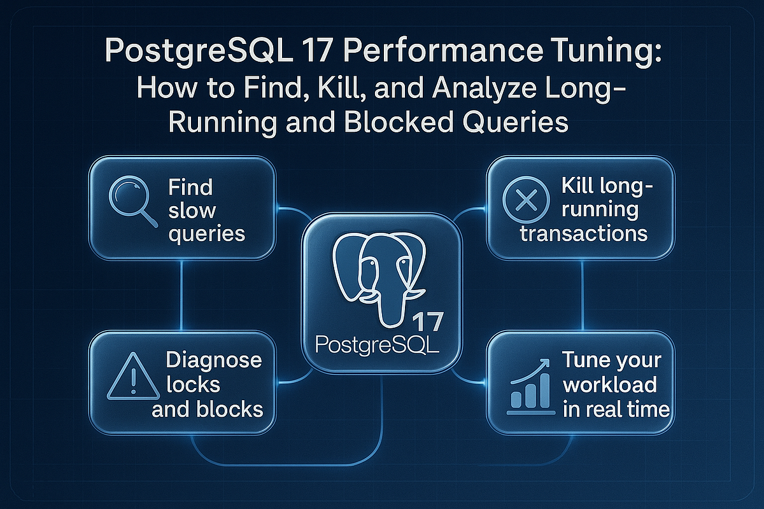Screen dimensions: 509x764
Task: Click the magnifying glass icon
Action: (132, 202)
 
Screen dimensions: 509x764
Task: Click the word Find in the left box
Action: (190, 188)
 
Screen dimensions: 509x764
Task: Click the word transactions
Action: (583, 233)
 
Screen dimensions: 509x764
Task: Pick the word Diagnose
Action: (213, 360)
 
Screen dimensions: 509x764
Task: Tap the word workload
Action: (609, 385)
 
